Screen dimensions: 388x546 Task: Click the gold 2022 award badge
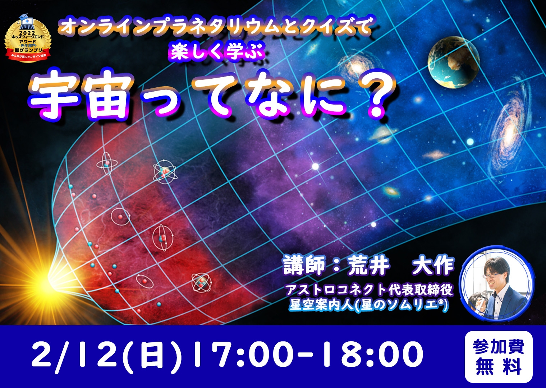pyautogui.click(x=28, y=40)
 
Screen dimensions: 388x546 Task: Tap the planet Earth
pyautogui.click(x=453, y=62)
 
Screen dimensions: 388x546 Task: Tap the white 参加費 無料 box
pyautogui.click(x=498, y=357)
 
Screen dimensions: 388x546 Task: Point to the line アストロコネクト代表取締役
pyautogui.click(x=369, y=289)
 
